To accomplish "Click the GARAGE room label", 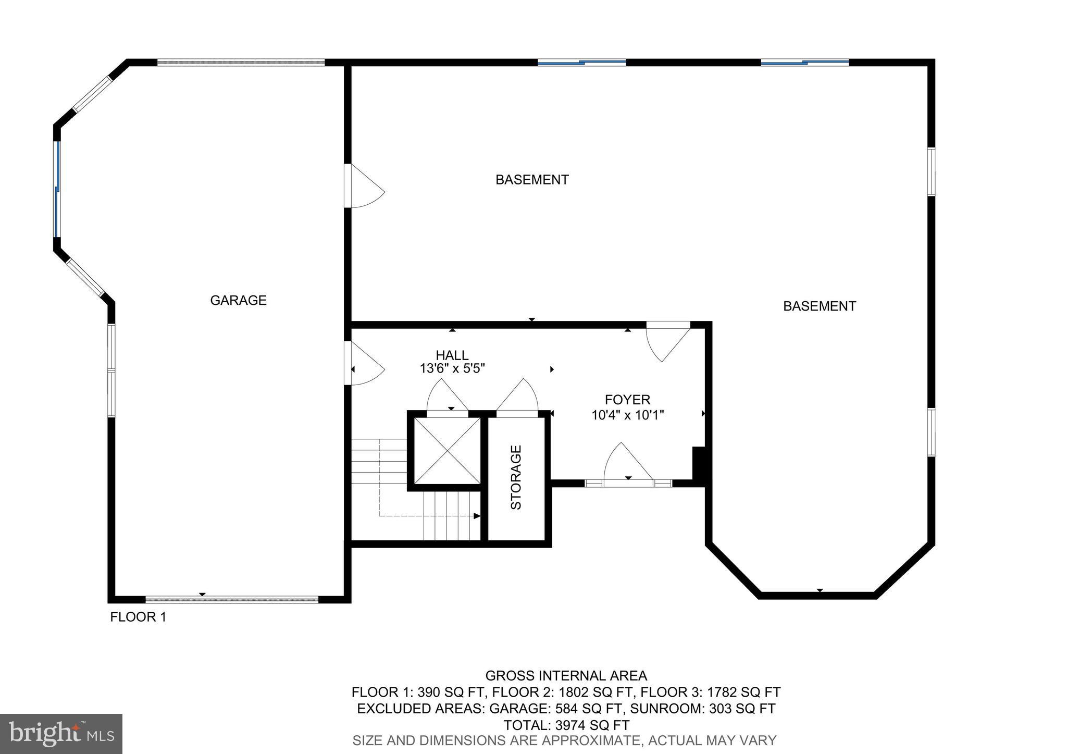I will click(x=238, y=300).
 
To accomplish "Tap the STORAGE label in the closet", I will click(x=516, y=477).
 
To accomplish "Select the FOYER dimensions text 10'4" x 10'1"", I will click(x=627, y=415).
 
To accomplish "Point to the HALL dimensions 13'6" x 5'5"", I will click(x=452, y=368).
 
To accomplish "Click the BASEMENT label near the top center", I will click(x=531, y=180).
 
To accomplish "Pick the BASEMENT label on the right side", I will click(x=819, y=306).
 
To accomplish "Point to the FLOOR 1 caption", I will click(x=138, y=617).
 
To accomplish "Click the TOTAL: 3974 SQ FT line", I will click(x=566, y=725).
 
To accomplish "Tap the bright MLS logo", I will click(x=61, y=734).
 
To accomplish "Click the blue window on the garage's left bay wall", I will click(x=58, y=189).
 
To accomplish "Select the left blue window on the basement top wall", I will click(x=581, y=63).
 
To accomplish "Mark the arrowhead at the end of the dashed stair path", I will click(x=477, y=516).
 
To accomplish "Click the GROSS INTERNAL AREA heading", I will click(x=566, y=676).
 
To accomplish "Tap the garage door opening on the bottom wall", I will click(x=232, y=599).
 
